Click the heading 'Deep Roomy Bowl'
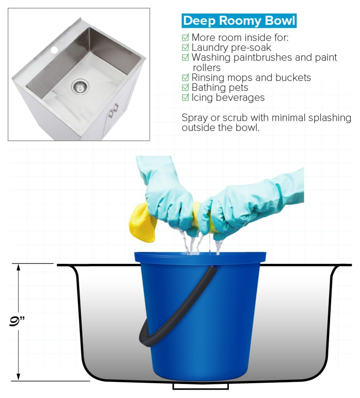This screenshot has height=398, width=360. [x=239, y=21]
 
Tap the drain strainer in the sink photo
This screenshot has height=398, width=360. [x=80, y=86]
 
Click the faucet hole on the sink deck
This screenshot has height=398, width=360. [x=54, y=50]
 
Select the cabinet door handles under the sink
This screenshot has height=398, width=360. [x=114, y=110]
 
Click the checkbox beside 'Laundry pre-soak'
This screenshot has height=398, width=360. [x=185, y=47]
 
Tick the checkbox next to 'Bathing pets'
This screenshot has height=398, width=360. [x=185, y=88]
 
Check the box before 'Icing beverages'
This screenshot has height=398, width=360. [x=185, y=97]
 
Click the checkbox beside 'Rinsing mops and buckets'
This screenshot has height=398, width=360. [x=185, y=78]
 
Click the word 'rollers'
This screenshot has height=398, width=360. [x=207, y=68]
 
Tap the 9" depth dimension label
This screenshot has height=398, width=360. [x=17, y=321]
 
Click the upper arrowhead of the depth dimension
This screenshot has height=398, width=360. [x=18, y=267]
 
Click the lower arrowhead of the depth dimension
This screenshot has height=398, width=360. [x=18, y=377]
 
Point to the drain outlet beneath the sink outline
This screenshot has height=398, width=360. [x=201, y=386]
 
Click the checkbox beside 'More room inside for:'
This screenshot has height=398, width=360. [x=185, y=38]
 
